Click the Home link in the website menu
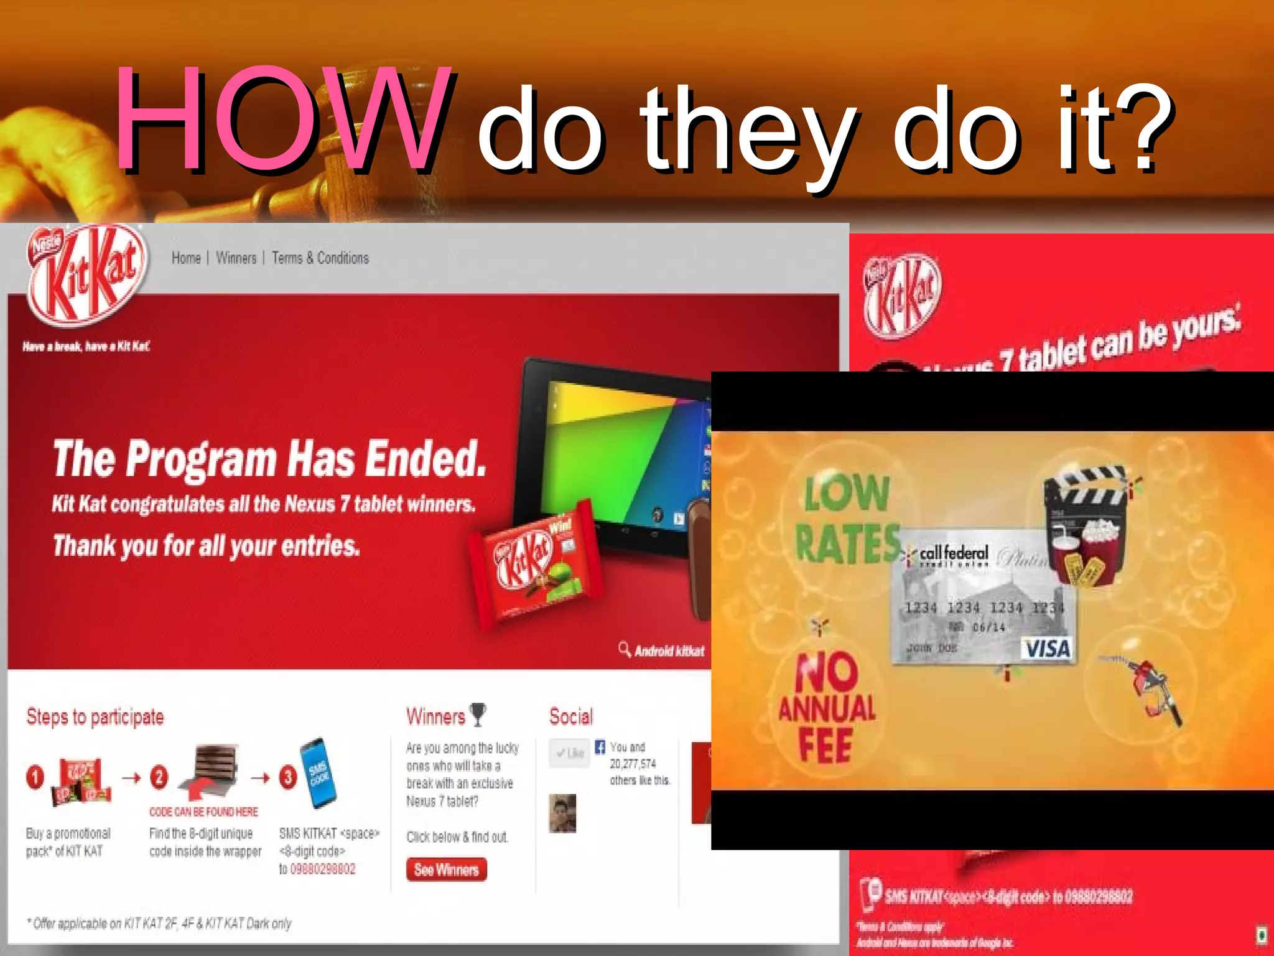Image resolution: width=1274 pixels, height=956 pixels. tap(186, 258)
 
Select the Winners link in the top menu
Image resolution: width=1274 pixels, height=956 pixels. tap(236, 258)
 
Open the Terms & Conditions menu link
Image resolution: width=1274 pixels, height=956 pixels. tap(320, 258)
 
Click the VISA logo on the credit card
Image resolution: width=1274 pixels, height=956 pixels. tap(1048, 649)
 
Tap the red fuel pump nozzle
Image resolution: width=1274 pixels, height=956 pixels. tap(1151, 688)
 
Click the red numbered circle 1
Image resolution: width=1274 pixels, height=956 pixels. tap(35, 777)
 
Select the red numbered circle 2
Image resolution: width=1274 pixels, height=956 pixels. tap(159, 777)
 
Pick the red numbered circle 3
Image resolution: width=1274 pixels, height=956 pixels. tap(287, 777)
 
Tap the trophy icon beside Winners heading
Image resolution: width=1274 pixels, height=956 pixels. tap(478, 715)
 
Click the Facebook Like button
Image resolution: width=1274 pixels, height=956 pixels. tap(569, 753)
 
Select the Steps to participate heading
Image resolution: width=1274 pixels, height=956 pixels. tap(95, 717)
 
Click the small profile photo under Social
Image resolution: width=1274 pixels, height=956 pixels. tap(562, 813)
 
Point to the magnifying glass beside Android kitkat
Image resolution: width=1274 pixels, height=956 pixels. tap(625, 649)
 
